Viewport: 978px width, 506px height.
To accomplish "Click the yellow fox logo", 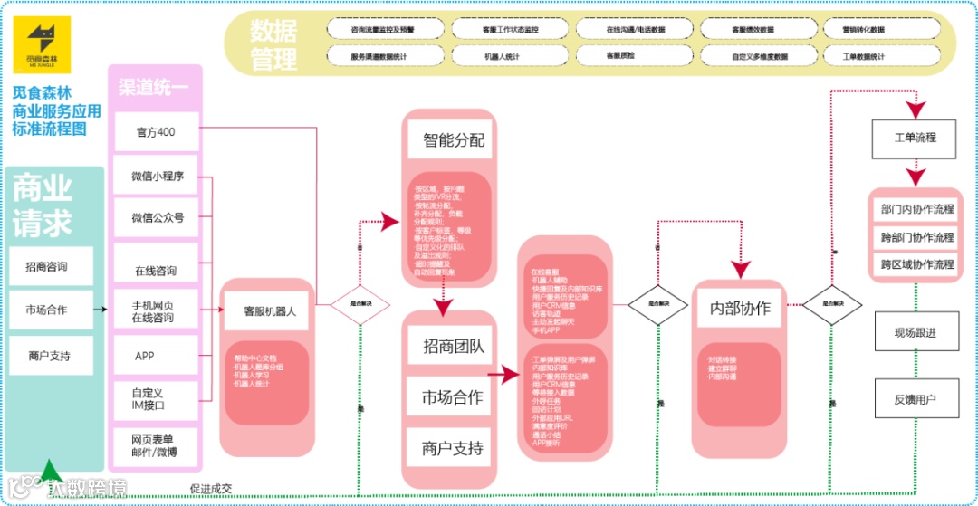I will click(x=48, y=41).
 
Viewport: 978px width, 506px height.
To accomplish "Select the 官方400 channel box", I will click(x=156, y=132).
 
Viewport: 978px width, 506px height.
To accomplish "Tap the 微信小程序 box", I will click(x=156, y=176).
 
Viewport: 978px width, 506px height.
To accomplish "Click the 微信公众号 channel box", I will click(x=156, y=218).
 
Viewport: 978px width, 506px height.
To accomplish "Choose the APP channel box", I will click(x=145, y=356).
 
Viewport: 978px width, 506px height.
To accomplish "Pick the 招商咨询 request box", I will click(x=51, y=266).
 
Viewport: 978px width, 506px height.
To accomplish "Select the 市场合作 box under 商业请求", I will click(x=51, y=310).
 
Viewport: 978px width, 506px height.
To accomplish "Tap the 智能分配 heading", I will click(x=453, y=140).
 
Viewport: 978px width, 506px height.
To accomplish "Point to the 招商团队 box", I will click(x=453, y=346).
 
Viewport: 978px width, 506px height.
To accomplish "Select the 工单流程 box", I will click(x=915, y=138).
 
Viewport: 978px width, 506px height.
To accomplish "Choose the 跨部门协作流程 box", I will click(x=916, y=237).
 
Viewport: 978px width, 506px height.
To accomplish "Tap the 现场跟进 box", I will click(x=915, y=332).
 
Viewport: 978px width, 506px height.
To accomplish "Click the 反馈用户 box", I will click(x=915, y=398).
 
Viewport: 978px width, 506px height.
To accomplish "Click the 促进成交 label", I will click(x=210, y=489).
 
